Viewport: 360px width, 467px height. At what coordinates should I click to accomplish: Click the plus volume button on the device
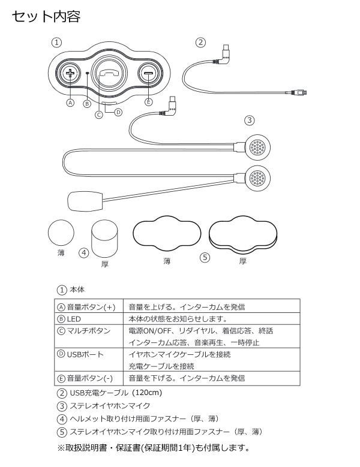click(x=71, y=73)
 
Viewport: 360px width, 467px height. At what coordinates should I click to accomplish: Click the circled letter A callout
click(x=70, y=103)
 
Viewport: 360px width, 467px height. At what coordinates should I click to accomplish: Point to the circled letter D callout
click(x=118, y=112)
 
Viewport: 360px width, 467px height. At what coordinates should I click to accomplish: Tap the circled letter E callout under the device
click(x=148, y=103)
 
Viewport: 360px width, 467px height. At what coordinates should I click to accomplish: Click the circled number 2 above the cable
click(x=201, y=42)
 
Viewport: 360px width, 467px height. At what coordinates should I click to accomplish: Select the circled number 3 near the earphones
click(x=249, y=120)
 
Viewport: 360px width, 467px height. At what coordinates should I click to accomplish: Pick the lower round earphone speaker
click(x=258, y=178)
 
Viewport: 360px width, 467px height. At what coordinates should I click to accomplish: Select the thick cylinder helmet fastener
click(x=106, y=238)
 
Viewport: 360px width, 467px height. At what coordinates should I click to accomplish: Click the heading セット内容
click(x=46, y=16)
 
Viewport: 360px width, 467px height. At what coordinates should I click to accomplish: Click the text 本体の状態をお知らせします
click(x=178, y=319)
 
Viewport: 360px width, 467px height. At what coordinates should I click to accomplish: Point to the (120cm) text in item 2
click(x=147, y=393)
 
